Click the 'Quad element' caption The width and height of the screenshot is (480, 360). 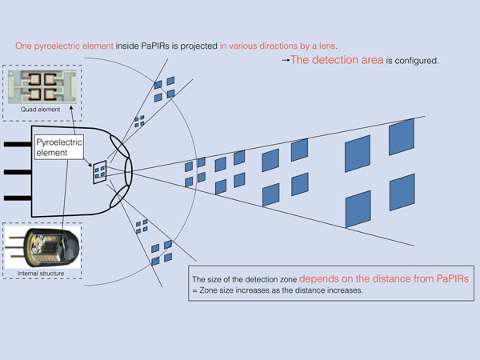[x=41, y=110]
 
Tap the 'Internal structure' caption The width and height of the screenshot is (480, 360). [x=41, y=274]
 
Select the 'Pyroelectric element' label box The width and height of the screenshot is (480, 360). [x=59, y=147]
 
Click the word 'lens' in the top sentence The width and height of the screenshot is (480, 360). [x=327, y=46]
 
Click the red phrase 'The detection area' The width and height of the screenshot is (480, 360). [x=337, y=60]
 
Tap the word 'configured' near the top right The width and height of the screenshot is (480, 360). [x=416, y=61]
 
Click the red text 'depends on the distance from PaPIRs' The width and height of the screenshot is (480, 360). [x=384, y=278]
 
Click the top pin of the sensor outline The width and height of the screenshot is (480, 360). [x=18, y=144]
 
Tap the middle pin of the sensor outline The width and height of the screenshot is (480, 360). [x=18, y=172]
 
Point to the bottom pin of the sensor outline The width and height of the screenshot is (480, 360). [x=18, y=198]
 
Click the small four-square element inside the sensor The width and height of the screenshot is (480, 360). [x=100, y=172]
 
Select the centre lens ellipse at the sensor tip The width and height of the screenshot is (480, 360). [x=129, y=172]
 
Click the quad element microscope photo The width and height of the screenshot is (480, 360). [x=42, y=87]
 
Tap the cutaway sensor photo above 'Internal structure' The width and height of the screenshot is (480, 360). [x=43, y=247]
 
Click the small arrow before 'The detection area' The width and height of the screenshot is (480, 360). [x=286, y=60]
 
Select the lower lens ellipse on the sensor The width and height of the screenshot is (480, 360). [x=119, y=197]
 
